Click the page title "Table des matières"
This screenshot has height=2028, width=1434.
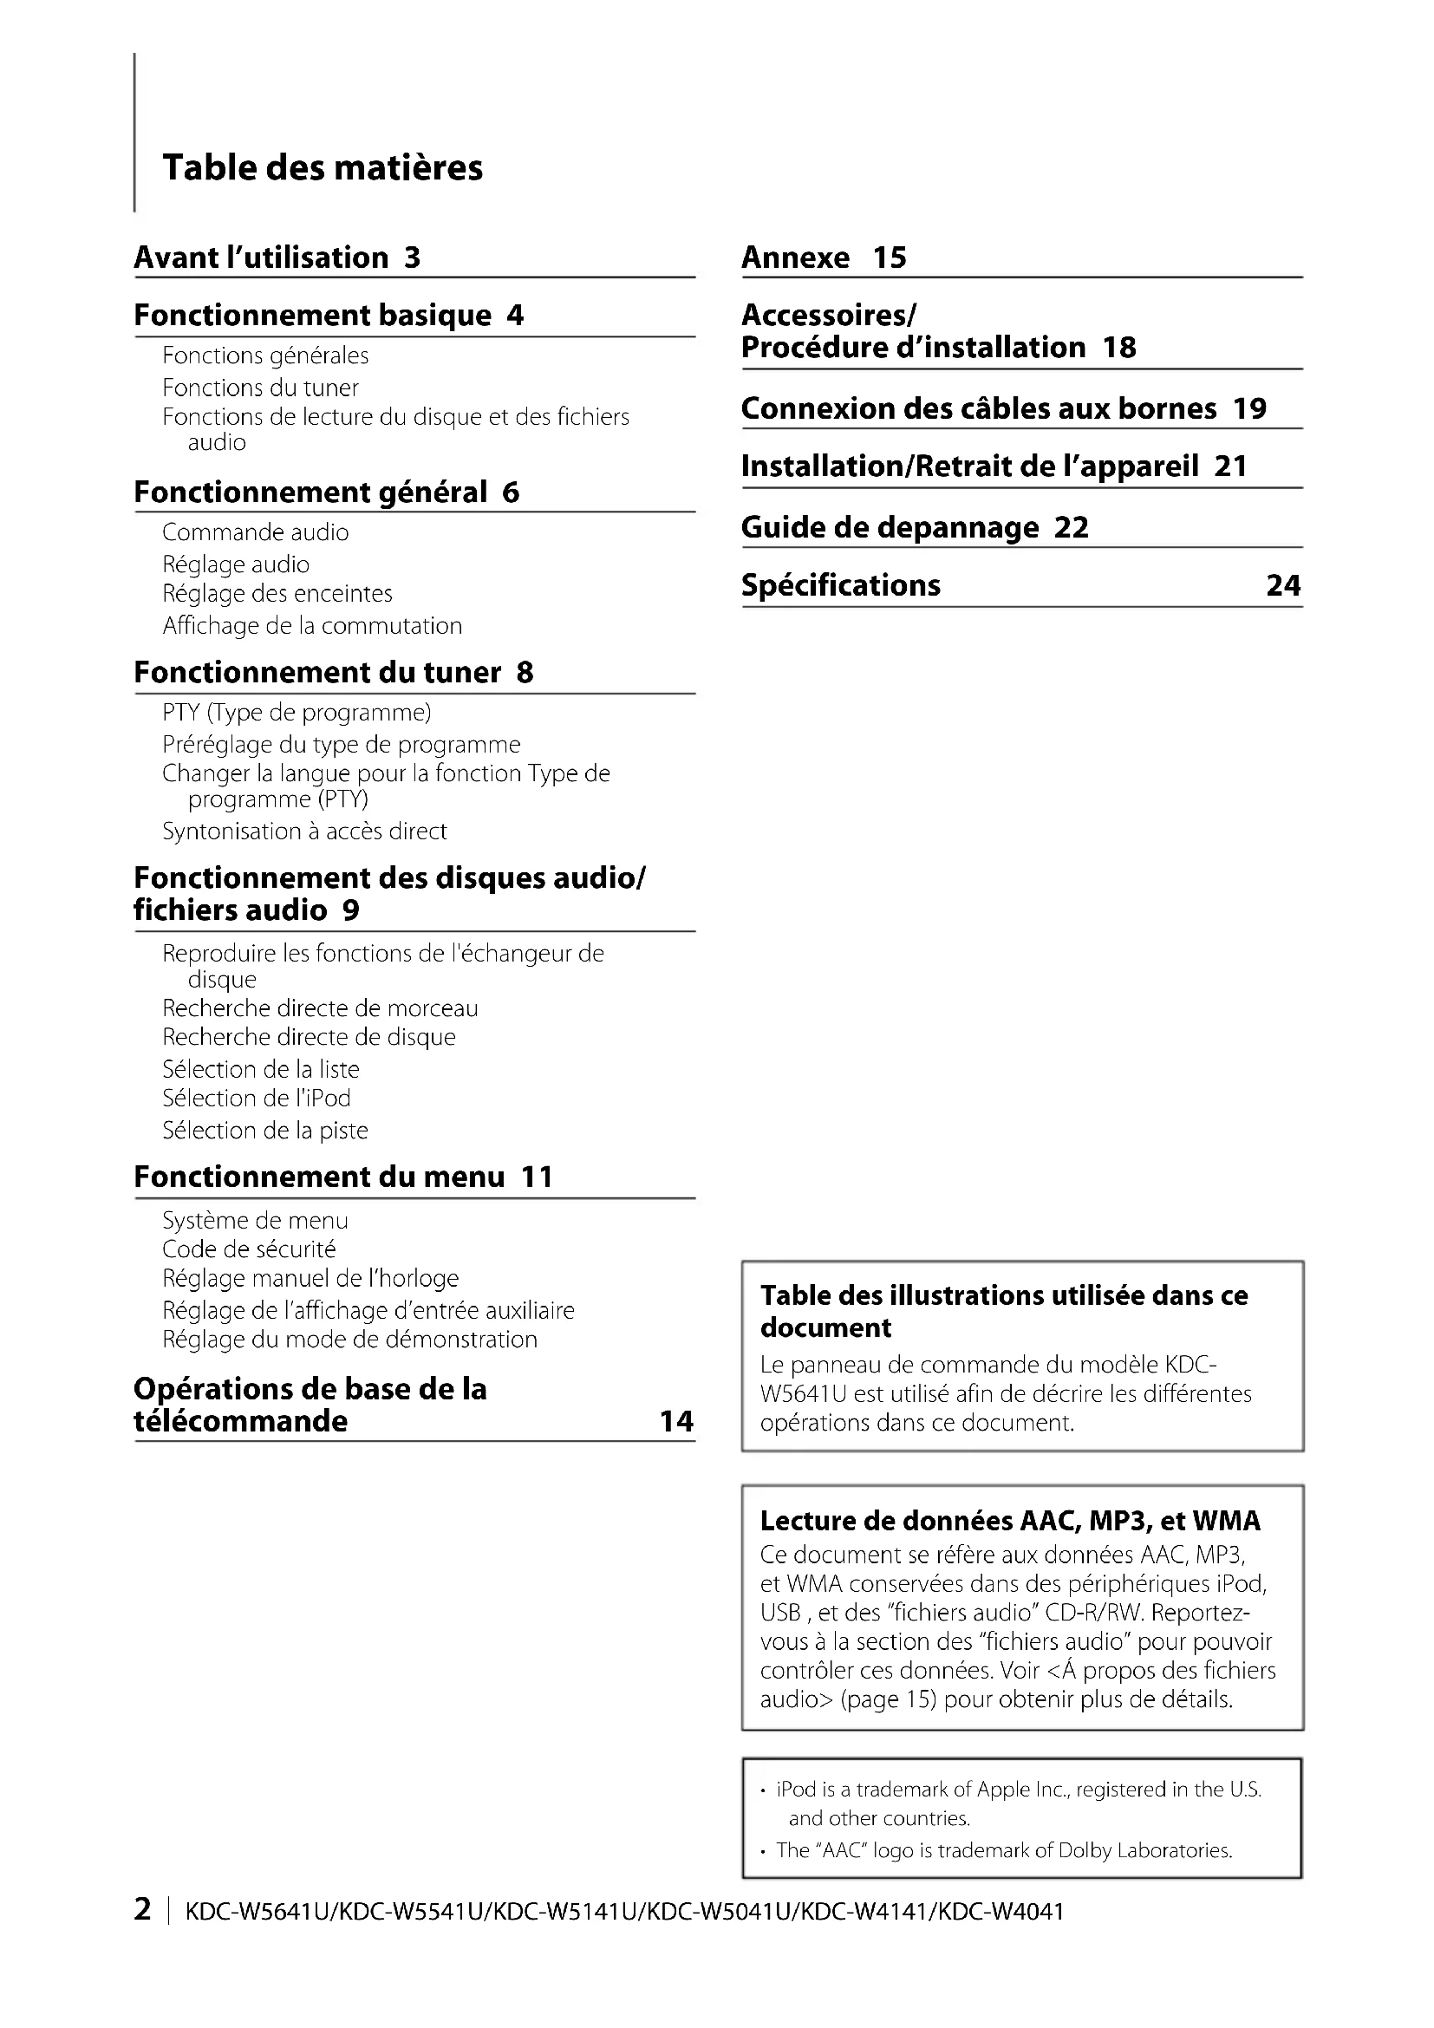pos(323,168)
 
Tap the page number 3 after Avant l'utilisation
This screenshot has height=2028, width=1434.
pos(413,258)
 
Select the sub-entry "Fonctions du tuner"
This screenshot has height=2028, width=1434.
pos(260,388)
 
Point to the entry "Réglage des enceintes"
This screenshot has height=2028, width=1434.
pos(277,594)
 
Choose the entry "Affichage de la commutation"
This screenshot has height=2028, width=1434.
pos(312,626)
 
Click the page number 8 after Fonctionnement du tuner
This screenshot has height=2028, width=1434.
pos(525,673)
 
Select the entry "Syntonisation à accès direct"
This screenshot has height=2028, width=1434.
pos(304,831)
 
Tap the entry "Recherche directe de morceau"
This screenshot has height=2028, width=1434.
pos(320,1008)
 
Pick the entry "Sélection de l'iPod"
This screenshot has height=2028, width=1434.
pos(256,1099)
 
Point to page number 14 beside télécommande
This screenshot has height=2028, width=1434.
pos(676,1421)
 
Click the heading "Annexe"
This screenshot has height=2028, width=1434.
pos(796,258)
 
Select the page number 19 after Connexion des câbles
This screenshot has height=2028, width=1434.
pos(1249,409)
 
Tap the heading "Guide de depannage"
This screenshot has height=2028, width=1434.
pos(890,528)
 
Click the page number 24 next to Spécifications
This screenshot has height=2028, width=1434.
pos(1283,585)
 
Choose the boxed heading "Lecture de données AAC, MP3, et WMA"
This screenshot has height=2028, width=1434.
pos(1010,1521)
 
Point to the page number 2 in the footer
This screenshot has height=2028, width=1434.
pos(142,1909)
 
